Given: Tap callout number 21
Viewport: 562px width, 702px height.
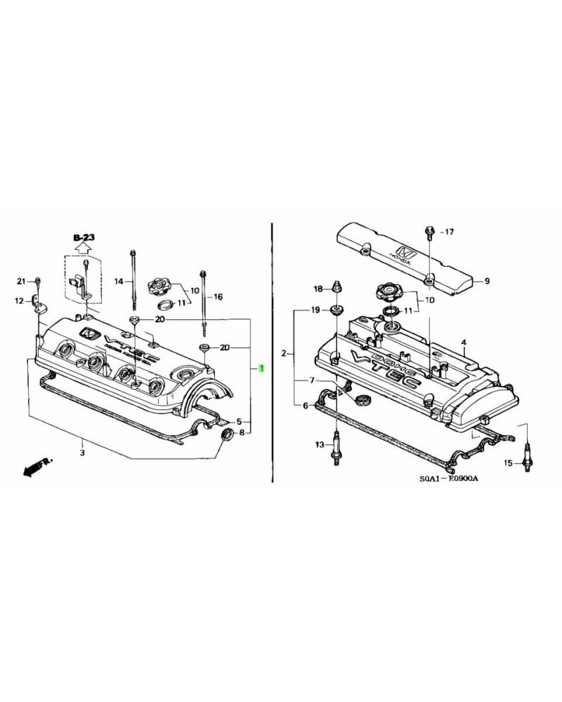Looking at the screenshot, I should point(21,282).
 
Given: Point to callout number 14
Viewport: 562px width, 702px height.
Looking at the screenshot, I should point(119,282).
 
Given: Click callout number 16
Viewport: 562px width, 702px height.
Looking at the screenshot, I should point(218,297).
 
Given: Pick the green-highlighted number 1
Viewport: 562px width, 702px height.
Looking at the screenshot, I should point(261,369).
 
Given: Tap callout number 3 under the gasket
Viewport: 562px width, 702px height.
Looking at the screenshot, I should point(81,443).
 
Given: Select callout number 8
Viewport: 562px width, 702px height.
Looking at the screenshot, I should point(242,433).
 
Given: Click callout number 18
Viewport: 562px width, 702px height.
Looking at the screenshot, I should point(318,289).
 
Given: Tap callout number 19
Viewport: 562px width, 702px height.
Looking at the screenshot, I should point(315,310).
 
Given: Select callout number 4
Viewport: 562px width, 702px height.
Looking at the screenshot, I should point(464,343).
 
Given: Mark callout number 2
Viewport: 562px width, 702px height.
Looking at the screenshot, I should point(284,353).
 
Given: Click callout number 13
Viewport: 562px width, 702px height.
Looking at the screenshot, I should point(319,445).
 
